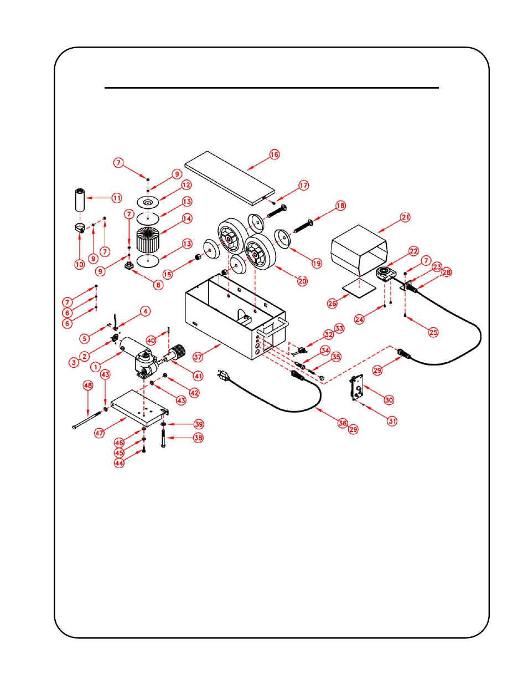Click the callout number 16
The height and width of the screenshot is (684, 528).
(x=275, y=155)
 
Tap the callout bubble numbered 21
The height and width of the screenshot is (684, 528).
(x=406, y=217)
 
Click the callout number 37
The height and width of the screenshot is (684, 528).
(x=198, y=357)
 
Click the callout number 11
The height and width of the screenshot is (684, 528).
(x=117, y=198)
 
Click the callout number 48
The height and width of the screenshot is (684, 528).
(x=88, y=385)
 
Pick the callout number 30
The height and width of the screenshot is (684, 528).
(x=389, y=400)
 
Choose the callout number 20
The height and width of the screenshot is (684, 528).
(x=302, y=281)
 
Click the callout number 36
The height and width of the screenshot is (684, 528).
(x=343, y=423)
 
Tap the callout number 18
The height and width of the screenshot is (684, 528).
(x=340, y=205)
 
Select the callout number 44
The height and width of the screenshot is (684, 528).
(x=119, y=463)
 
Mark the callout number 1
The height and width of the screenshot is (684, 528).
(x=95, y=367)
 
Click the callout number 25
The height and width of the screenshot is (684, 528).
(x=433, y=332)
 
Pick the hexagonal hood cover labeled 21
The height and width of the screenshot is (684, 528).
(x=359, y=249)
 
